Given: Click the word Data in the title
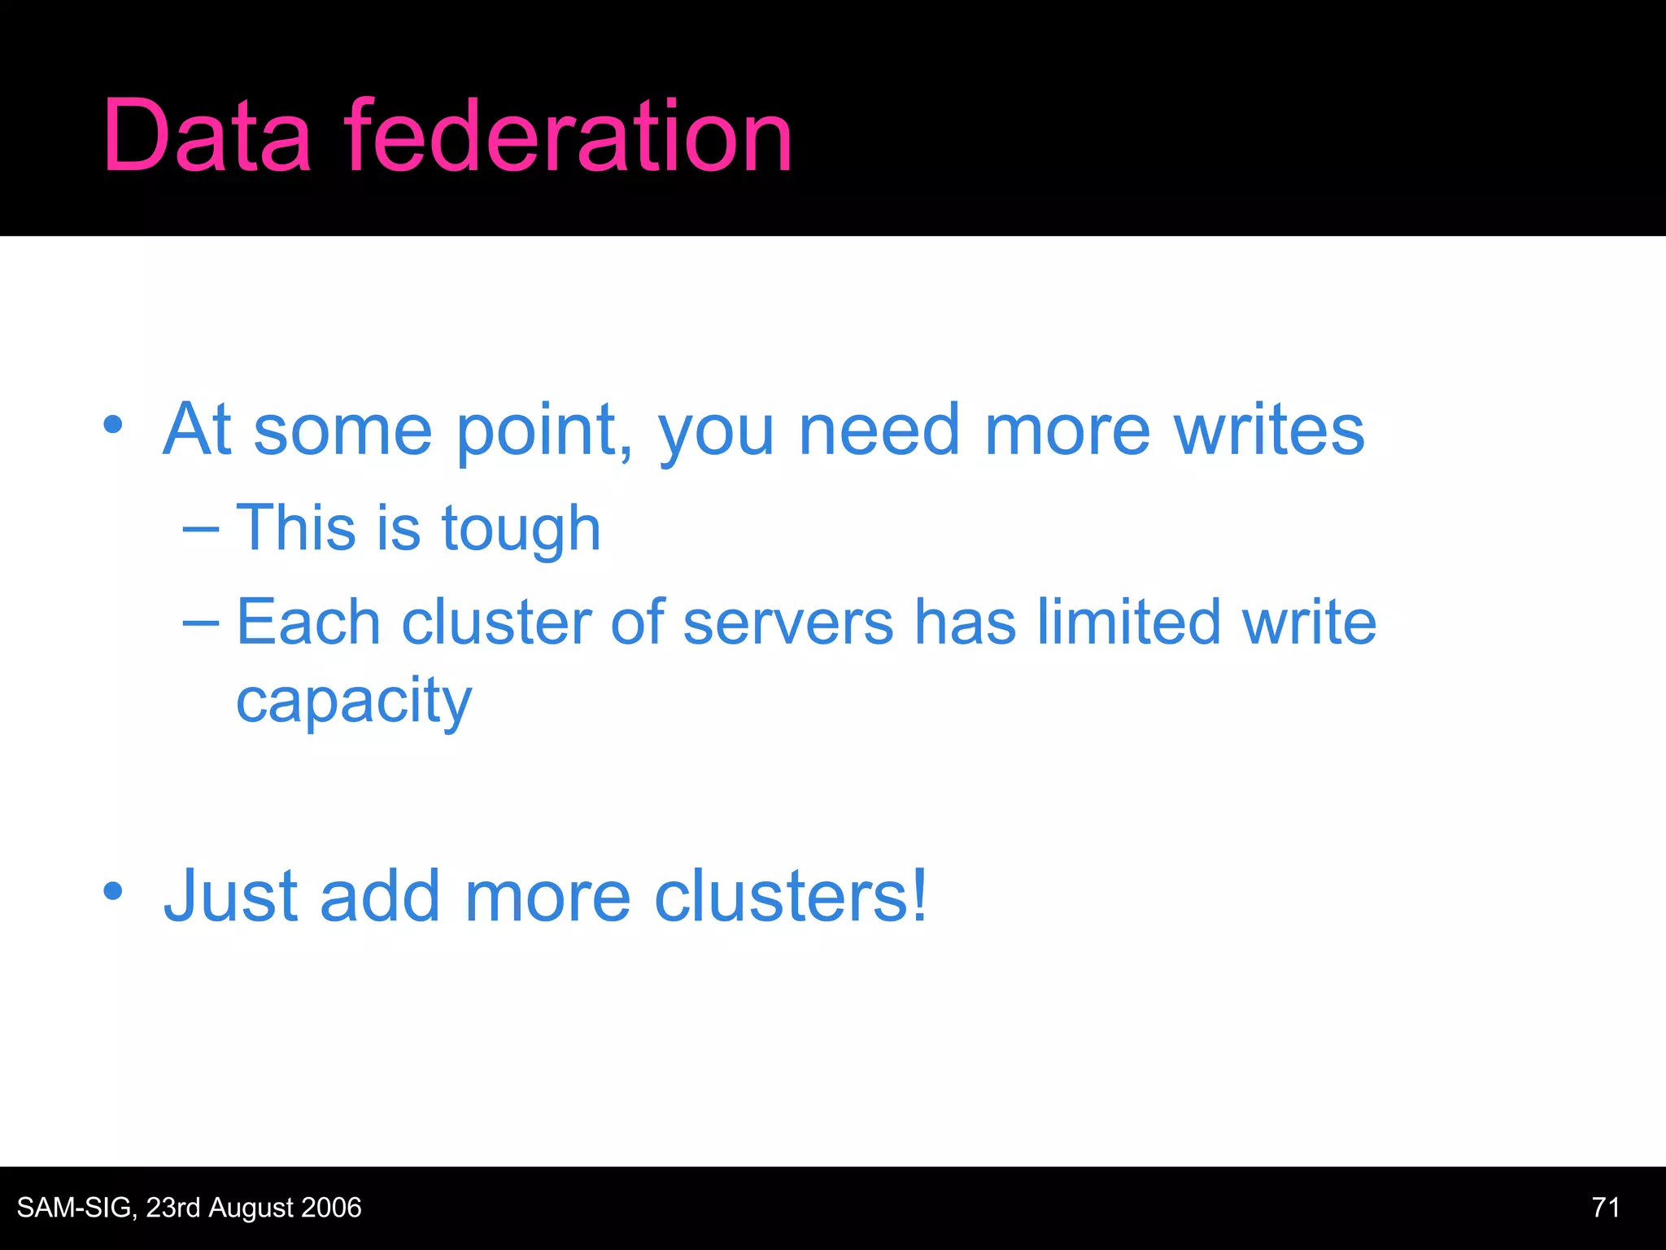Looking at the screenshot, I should [x=207, y=136].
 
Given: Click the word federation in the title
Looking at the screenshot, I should [x=568, y=136].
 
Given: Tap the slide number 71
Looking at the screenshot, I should [x=1605, y=1208].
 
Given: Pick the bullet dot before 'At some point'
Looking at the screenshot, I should [x=113, y=425].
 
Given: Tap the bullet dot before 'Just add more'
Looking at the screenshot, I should [x=113, y=891].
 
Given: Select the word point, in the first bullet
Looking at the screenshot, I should [x=543, y=431].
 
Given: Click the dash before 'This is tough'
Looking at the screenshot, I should [x=201, y=530].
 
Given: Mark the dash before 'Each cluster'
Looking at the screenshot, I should [x=201, y=623].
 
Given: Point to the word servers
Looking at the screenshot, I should [x=788, y=623].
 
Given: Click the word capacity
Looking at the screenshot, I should [x=354, y=701].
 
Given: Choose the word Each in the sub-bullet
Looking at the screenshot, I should [x=308, y=622].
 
